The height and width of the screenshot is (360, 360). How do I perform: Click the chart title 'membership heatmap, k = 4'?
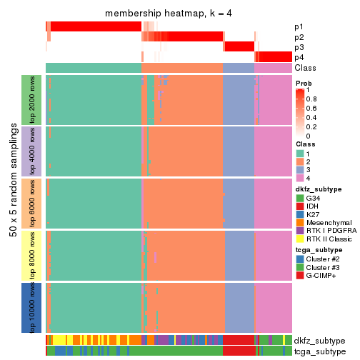[x=169, y=14]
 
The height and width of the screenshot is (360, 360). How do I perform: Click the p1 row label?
[x=299, y=26]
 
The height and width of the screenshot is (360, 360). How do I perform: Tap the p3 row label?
[x=299, y=47]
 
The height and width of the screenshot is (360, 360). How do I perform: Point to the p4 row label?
[x=299, y=57]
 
